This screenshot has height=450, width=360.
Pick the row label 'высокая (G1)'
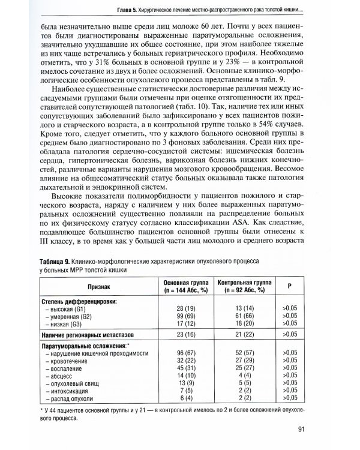[68, 308]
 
